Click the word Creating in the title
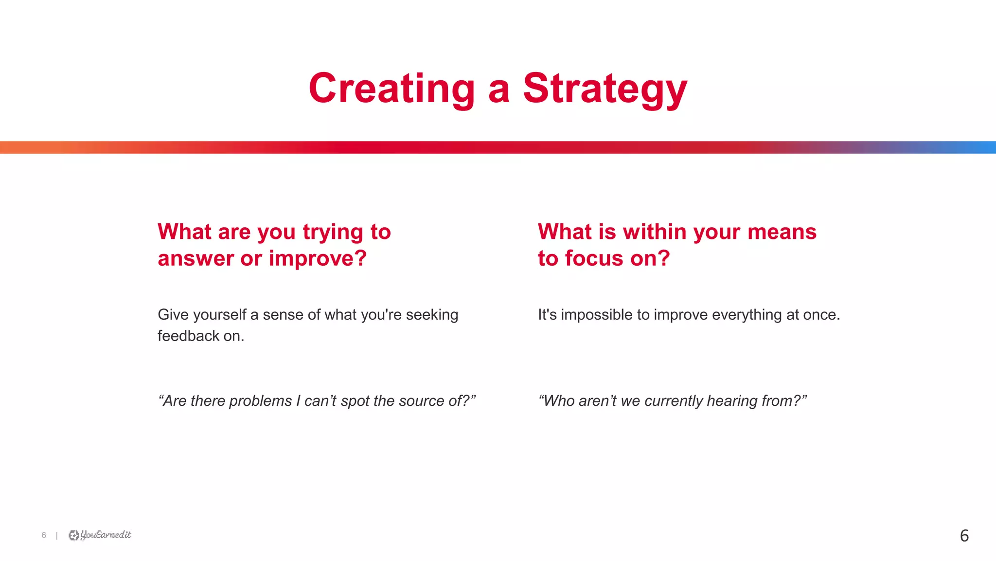coord(391,89)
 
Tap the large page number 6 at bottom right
coord(964,536)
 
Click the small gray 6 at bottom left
coord(44,535)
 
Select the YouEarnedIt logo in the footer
coord(100,535)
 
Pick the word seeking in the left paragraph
coord(432,315)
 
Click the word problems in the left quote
coord(260,401)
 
